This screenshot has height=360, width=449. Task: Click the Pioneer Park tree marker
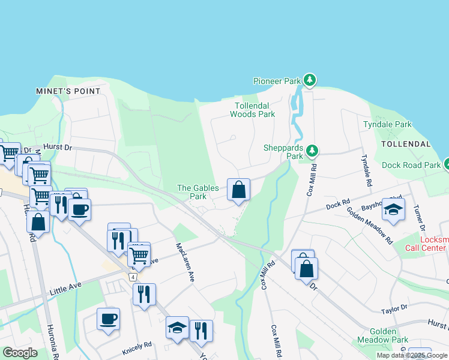click(x=309, y=80)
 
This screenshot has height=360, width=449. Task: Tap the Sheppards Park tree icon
click(x=311, y=151)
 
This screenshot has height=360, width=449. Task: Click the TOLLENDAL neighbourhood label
click(x=406, y=145)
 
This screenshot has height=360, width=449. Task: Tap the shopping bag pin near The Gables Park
click(x=238, y=190)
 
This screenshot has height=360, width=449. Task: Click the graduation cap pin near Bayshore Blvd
click(x=393, y=209)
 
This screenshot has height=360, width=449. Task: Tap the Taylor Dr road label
click(x=394, y=308)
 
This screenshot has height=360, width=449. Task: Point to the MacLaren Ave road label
click(x=184, y=262)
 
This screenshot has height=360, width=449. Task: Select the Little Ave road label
click(x=66, y=287)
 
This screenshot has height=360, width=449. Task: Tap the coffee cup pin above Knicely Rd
click(x=108, y=319)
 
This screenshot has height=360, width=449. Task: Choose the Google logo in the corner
click(x=20, y=353)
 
